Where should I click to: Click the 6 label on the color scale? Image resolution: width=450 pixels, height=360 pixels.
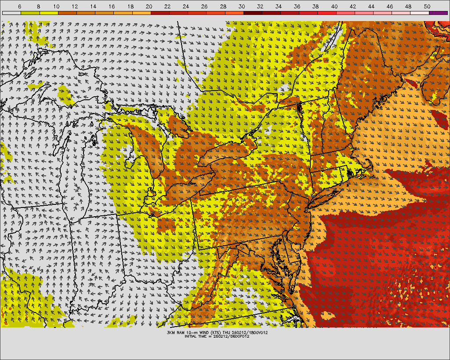(x=20, y=7)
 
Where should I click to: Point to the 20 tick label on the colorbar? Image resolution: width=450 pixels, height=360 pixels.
(x=149, y=7)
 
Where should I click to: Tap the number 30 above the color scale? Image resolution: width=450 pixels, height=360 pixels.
(x=242, y=7)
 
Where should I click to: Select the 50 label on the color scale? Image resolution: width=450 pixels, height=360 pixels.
(x=427, y=7)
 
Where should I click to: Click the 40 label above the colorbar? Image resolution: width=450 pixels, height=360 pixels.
(x=334, y=7)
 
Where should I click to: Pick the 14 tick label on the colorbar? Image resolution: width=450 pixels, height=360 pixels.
(x=94, y=7)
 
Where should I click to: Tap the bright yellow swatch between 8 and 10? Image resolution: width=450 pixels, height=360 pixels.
(x=48, y=13)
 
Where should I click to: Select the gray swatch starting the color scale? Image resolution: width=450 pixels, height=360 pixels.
(x=11, y=13)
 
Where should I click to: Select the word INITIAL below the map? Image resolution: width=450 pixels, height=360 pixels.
(x=193, y=336)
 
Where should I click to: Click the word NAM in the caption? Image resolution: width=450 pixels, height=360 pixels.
(x=182, y=332)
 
